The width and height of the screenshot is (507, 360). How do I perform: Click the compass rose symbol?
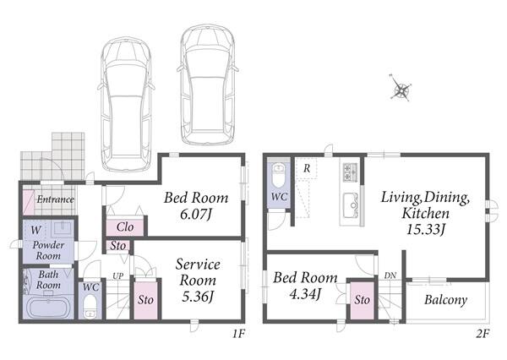[x=401, y=88]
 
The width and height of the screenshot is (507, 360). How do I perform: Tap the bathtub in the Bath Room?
[x=48, y=308]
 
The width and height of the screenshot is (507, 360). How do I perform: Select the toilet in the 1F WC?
[x=90, y=307]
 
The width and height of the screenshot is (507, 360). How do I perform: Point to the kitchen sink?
[x=352, y=205]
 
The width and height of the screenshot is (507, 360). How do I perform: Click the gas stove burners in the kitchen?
[x=350, y=172]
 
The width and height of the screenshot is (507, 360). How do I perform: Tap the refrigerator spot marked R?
[x=307, y=168]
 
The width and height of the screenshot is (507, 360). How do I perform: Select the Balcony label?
[x=445, y=300]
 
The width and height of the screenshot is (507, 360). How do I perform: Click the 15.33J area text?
[x=426, y=229]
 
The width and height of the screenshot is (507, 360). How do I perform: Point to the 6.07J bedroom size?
[x=196, y=214]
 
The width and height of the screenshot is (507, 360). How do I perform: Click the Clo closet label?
[x=125, y=226]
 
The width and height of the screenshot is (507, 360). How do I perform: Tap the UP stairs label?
[x=117, y=275]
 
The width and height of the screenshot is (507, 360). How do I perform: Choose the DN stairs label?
[x=390, y=275]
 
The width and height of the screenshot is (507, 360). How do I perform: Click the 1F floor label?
[x=239, y=334]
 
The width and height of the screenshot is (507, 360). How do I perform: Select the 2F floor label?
[x=482, y=334]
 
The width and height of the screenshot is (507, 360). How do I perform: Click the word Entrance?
[x=55, y=199]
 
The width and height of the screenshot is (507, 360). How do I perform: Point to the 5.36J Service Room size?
[x=198, y=297]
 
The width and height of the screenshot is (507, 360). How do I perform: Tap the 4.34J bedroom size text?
[x=305, y=294]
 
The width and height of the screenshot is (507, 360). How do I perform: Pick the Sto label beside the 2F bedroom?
[x=362, y=300]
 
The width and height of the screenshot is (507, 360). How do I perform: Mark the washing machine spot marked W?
[x=35, y=231]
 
